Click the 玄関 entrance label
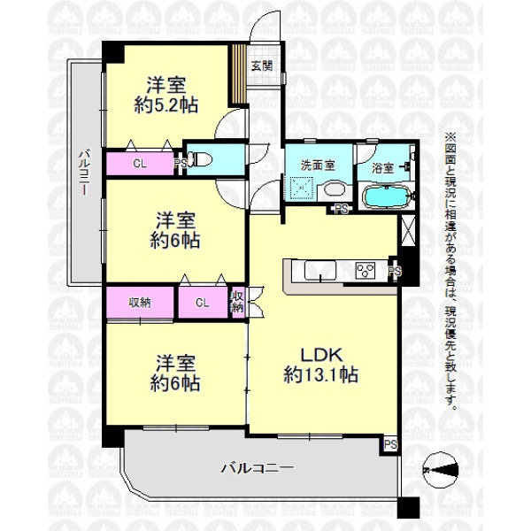pos(262,65)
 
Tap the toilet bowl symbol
pos(200,159)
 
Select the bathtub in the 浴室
pos(386,196)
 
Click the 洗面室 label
pos(318,165)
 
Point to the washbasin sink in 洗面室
pos(335,189)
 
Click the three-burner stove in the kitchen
pos(366,271)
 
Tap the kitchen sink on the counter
pos(320,270)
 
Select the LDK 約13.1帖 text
pos(320,365)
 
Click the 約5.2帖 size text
pos(166,105)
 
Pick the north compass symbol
pos(441,470)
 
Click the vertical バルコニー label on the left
pos(84,173)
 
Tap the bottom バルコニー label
pos(257,468)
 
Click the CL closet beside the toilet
pos(140,164)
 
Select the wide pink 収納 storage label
pos(140,303)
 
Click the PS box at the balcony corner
pos(390,444)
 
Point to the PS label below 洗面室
pos(342,209)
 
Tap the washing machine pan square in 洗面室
pos(303,188)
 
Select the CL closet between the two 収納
pos(203,303)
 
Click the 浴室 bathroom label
pos(382,168)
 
